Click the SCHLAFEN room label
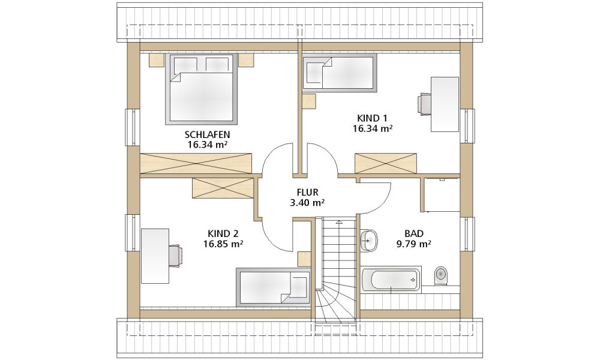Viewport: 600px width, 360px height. click(x=208, y=134)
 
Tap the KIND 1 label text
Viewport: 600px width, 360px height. click(x=373, y=118)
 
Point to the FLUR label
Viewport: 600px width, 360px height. click(x=307, y=193)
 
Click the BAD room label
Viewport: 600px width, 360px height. click(x=414, y=233)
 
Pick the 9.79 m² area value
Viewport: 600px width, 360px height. click(x=414, y=244)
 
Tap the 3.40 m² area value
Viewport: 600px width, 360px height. click(x=307, y=203)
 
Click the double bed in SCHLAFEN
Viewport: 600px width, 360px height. click(x=201, y=89)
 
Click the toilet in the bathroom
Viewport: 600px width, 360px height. click(x=441, y=275)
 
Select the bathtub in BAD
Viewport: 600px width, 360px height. click(x=391, y=280)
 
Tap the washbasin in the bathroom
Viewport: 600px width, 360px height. click(x=368, y=241)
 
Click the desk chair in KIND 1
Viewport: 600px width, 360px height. click(x=424, y=104)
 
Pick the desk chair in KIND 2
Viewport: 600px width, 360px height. click(x=176, y=256)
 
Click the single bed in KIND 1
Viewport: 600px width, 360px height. click(x=340, y=73)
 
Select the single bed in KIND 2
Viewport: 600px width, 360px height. click(x=273, y=287)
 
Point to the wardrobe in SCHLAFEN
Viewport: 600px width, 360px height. click(x=196, y=164)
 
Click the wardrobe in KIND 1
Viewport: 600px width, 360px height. click(x=386, y=163)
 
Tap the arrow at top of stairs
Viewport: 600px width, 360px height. click(x=339, y=221)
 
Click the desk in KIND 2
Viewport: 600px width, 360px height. click(x=155, y=256)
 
